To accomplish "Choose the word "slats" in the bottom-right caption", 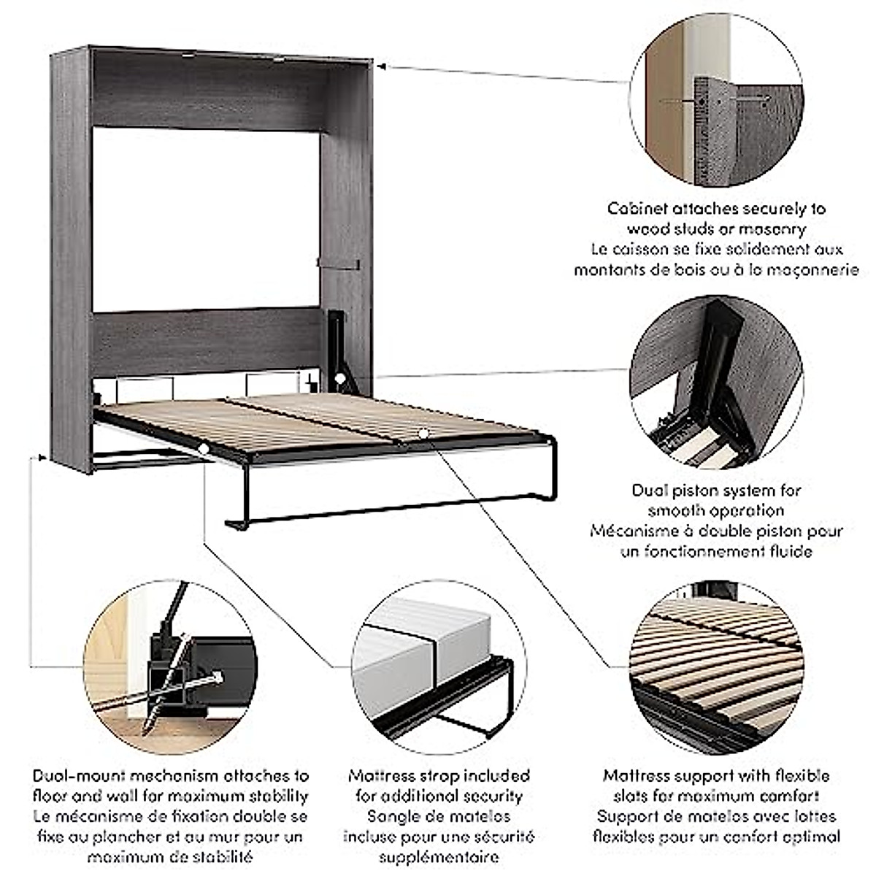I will [615, 796].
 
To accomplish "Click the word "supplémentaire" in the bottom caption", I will [439, 857].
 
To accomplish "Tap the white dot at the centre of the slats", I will [423, 434].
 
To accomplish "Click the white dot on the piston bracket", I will [339, 378].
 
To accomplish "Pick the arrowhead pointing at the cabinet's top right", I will [382, 66].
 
